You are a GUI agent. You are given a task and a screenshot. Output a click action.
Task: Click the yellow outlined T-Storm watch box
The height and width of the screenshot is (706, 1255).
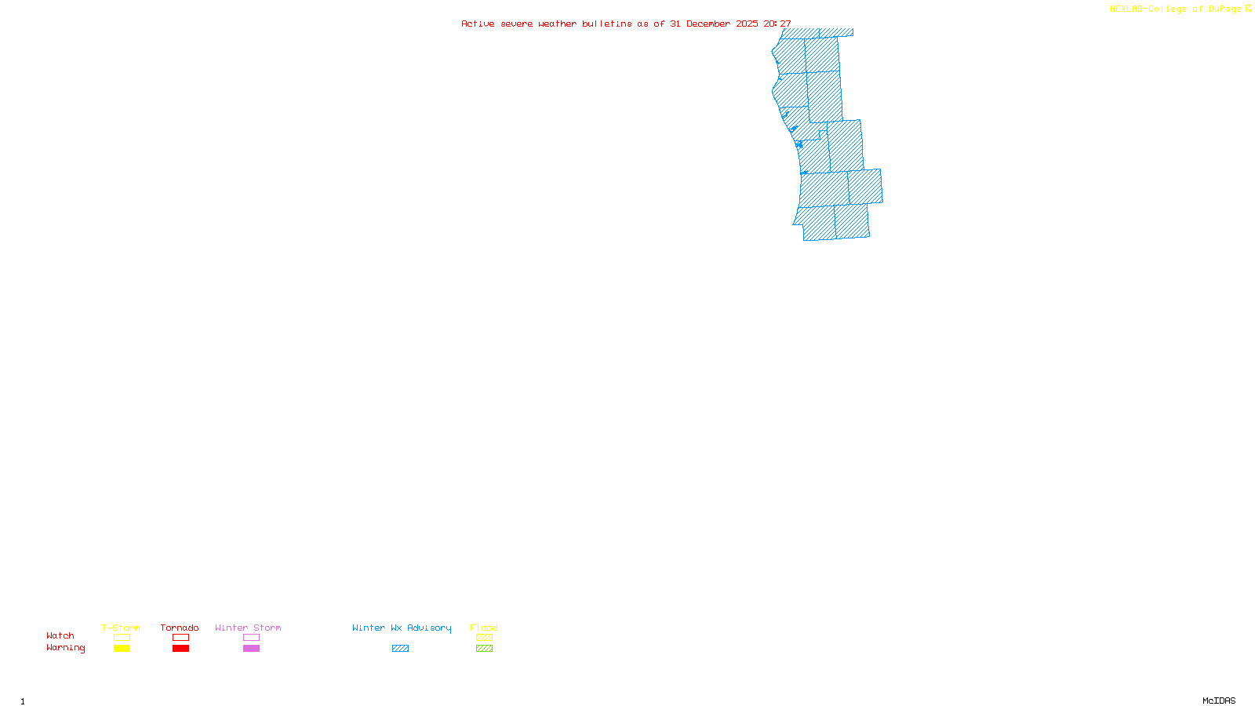(122, 638)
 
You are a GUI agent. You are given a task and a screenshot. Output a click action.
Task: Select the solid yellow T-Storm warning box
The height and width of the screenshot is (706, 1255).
(122, 649)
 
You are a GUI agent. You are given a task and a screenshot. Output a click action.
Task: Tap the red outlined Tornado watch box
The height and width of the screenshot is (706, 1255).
(180, 638)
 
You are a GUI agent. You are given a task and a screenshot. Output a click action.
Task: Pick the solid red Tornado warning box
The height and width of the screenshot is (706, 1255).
(180, 649)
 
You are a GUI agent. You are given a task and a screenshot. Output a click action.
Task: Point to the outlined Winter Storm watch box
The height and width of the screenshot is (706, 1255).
(251, 638)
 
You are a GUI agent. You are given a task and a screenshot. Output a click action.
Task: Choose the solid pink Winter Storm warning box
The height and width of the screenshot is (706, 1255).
(251, 649)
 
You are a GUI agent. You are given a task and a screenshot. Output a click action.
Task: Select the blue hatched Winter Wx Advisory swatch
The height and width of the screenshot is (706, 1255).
(400, 649)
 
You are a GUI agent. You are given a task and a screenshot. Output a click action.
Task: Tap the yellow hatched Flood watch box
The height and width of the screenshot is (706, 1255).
(484, 638)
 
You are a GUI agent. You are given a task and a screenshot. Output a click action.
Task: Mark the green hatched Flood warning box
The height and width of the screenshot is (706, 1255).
(484, 649)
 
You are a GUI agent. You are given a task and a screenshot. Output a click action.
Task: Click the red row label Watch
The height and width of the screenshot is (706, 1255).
(60, 636)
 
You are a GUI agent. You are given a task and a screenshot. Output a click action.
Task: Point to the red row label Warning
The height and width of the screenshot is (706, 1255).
(65, 648)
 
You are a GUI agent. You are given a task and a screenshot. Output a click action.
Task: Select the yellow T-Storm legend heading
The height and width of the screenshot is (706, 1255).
(121, 628)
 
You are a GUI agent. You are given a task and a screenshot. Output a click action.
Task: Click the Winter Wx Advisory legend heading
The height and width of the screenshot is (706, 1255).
(402, 628)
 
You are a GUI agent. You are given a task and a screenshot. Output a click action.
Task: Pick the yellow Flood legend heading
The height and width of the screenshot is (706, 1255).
(484, 628)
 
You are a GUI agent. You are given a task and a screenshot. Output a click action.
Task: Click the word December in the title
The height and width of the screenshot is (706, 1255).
(708, 24)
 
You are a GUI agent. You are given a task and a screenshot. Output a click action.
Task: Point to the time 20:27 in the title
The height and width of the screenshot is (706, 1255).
(777, 24)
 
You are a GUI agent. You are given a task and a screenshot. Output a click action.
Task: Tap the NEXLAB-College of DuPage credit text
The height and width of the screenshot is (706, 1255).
(1176, 9)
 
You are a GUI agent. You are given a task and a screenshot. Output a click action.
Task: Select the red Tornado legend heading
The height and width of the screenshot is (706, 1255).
(180, 628)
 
